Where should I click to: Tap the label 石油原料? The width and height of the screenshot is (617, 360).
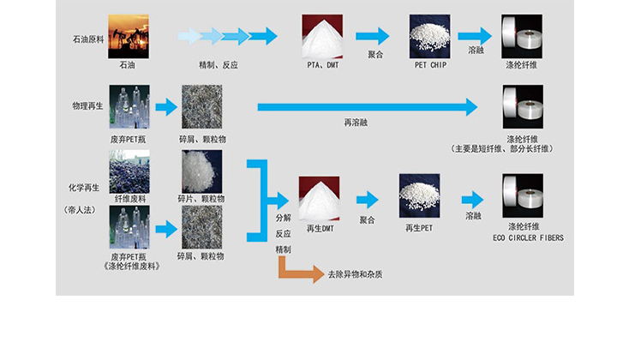tap(87, 39)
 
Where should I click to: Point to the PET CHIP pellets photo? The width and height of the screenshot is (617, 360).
tap(430, 36)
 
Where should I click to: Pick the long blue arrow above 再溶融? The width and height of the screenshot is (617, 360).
tap(367, 107)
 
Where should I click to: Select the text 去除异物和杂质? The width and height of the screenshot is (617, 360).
tap(356, 274)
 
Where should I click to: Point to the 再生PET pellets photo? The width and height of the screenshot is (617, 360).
tap(420, 197)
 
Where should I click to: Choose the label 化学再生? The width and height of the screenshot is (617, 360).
tap(84, 186)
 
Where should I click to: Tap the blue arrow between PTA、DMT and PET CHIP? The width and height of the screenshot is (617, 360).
tap(372, 36)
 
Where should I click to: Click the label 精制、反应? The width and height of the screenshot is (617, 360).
tap(219, 65)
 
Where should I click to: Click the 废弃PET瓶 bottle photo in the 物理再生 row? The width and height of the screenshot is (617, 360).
tap(129, 106)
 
